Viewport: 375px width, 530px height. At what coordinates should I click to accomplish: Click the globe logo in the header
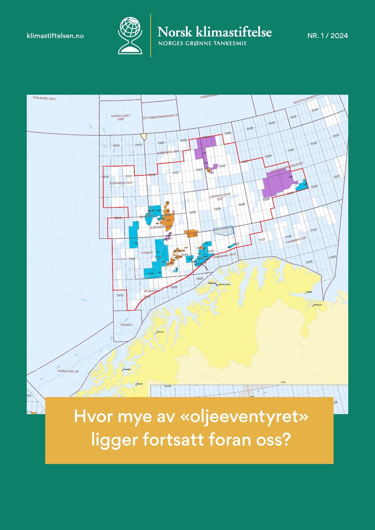tap(130, 35)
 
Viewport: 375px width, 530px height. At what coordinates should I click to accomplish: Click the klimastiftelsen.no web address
tap(55, 36)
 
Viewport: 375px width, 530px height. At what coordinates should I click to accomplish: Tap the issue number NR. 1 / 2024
tap(328, 36)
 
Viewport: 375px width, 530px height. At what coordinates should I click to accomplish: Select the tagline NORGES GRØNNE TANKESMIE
tap(202, 43)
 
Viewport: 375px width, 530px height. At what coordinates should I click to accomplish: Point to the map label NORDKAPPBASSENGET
tap(287, 167)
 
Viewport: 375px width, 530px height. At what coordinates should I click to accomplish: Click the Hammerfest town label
tap(224, 284)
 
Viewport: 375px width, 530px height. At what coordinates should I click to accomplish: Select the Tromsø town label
tap(160, 332)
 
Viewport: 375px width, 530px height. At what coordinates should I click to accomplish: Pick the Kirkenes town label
tap(318, 305)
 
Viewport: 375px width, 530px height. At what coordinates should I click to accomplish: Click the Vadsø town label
tap(309, 292)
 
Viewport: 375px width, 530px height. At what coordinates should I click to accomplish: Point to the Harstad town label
tap(126, 369)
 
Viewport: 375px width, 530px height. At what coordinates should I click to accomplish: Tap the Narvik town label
tap(140, 384)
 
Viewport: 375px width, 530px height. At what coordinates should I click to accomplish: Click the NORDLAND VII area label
tap(68, 371)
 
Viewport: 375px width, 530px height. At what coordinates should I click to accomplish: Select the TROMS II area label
tap(126, 325)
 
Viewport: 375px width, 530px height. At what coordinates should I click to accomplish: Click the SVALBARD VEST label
tap(44, 98)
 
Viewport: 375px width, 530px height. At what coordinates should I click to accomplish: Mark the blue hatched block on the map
tap(224, 231)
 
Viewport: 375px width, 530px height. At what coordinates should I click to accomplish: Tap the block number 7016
tap(120, 295)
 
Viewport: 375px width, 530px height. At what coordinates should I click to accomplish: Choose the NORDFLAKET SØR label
tap(121, 117)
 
